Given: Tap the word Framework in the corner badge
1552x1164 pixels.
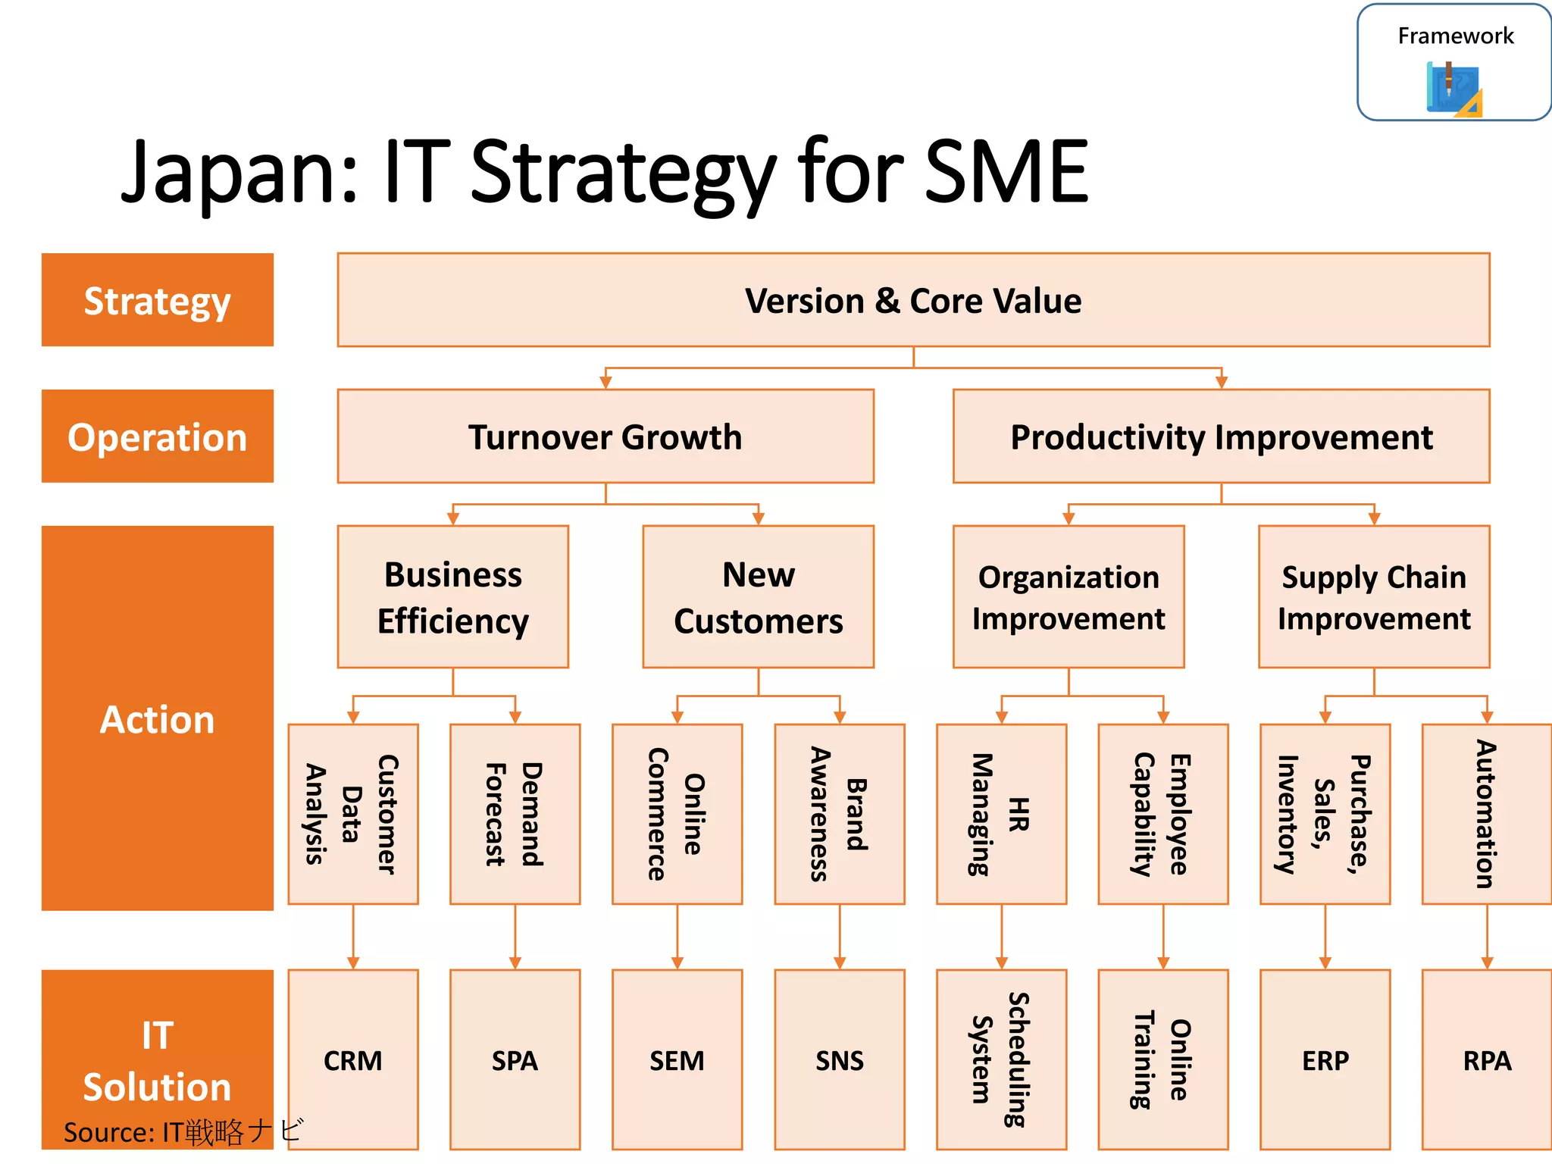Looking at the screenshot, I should pyautogui.click(x=1455, y=36).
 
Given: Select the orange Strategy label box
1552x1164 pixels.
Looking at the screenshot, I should pyautogui.click(x=158, y=300).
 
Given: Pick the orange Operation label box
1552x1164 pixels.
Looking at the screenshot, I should pyautogui.click(x=158, y=436).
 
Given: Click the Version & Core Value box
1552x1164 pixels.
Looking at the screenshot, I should pyautogui.click(x=913, y=300).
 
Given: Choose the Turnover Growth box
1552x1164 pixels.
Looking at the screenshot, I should pyautogui.click(x=605, y=436).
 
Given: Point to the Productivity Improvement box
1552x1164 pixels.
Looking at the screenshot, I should pyautogui.click(x=1221, y=436).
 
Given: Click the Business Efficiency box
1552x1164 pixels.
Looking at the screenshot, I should pyautogui.click(x=453, y=597).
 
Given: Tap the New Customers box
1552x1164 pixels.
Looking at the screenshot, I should pyautogui.click(x=758, y=597).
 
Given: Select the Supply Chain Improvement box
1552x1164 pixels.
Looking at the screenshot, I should pyautogui.click(x=1374, y=597).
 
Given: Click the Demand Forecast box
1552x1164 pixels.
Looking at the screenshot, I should pyautogui.click(x=515, y=814).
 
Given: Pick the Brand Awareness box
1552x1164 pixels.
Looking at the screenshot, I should pyautogui.click(x=840, y=814).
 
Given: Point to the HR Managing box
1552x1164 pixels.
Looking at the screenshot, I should pyautogui.click(x=1001, y=814).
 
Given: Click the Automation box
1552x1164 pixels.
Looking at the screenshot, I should pyautogui.click(x=1486, y=814).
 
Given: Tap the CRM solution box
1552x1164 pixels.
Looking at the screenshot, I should pyautogui.click(x=353, y=1059).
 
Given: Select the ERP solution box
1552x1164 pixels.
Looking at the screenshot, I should pyautogui.click(x=1325, y=1059).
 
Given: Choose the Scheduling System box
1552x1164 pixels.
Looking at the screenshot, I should pyautogui.click(x=1001, y=1059).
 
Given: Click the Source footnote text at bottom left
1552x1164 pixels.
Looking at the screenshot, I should pyautogui.click(x=182, y=1132).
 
